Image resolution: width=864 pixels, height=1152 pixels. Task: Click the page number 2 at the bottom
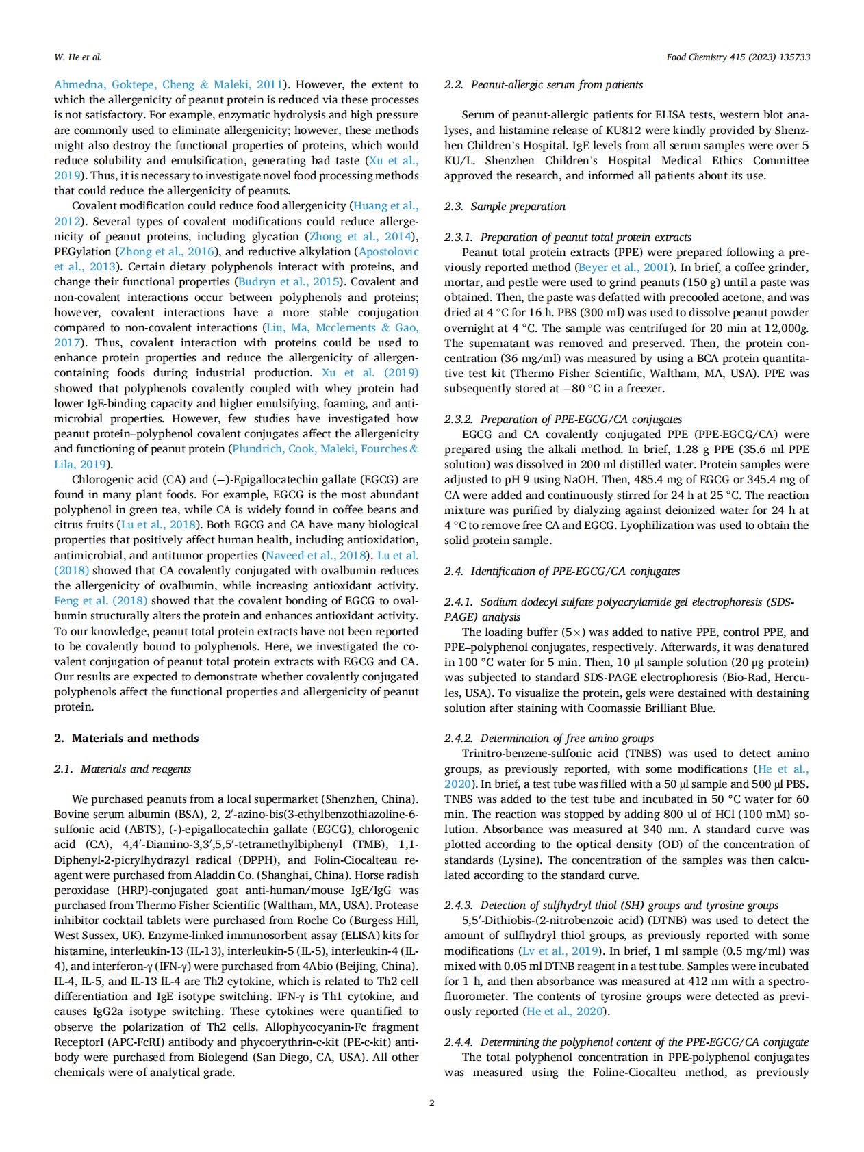[431, 1103]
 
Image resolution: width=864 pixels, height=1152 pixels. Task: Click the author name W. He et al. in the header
[77, 57]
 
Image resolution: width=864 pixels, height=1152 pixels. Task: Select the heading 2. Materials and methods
[127, 738]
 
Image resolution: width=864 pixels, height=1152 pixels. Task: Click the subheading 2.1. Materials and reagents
[123, 769]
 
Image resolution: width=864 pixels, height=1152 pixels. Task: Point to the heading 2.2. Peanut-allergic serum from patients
[544, 85]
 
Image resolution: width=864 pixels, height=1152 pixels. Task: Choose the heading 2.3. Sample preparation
[505, 207]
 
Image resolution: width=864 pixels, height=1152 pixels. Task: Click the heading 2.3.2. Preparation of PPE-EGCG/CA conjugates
[563, 419]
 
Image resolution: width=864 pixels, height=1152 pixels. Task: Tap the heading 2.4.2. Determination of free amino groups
[549, 738]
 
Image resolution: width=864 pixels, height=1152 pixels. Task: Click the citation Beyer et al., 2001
[623, 268]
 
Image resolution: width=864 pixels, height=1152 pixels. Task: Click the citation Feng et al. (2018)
[101, 601]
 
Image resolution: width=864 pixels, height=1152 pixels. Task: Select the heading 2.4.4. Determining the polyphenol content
[626, 1042]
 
